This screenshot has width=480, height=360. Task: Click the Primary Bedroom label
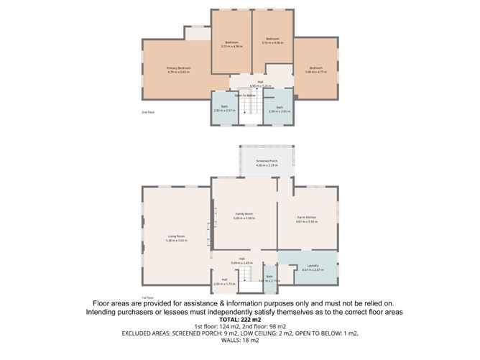click(x=177, y=68)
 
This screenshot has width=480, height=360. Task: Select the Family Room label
click(x=244, y=213)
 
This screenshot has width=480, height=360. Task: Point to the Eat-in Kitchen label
click(x=307, y=217)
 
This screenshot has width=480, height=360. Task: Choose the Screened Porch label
click(x=267, y=161)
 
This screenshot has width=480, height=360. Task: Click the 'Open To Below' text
click(x=244, y=96)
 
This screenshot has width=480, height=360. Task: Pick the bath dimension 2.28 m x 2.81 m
click(x=279, y=111)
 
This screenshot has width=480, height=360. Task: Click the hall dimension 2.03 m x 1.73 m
click(x=225, y=284)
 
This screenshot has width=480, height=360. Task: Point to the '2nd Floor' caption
click(x=147, y=112)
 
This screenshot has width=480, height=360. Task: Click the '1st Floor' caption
click(x=147, y=297)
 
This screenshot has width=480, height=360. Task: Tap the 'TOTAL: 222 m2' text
click(x=240, y=320)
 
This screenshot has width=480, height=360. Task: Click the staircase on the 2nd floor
click(x=248, y=108)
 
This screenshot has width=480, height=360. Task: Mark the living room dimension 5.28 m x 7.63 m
click(x=177, y=240)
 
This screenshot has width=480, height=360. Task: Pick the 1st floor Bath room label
click(x=269, y=276)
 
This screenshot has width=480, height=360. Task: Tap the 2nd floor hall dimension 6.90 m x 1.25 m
click(x=261, y=86)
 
